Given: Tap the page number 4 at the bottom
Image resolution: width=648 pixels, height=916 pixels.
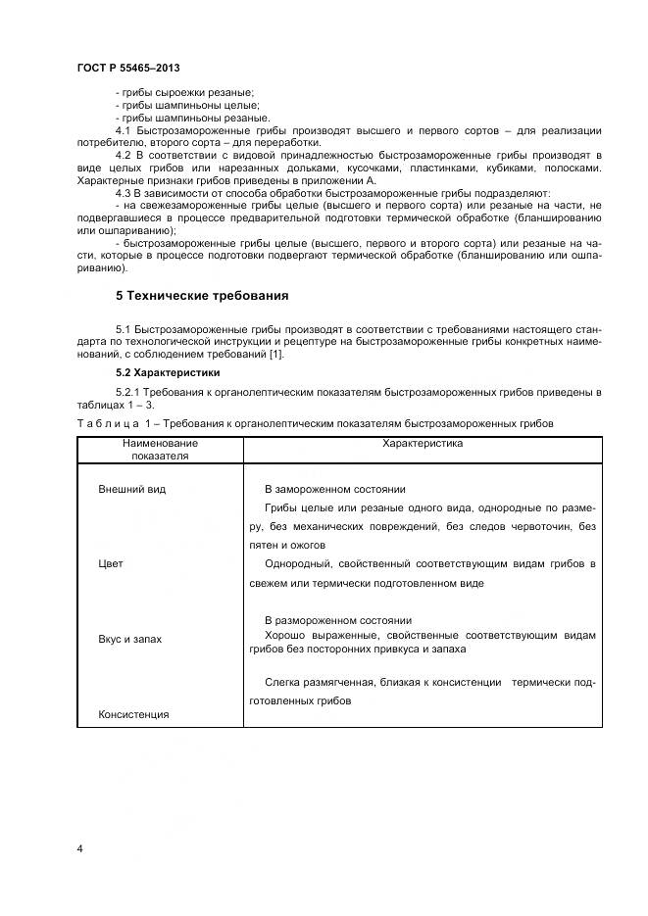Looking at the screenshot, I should [79, 848].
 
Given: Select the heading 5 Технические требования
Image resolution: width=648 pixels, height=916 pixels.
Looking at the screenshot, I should [201, 295].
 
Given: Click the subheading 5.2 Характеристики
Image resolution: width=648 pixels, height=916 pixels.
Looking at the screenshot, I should [168, 373].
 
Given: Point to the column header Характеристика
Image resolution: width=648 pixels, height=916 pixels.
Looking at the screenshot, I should [422, 444].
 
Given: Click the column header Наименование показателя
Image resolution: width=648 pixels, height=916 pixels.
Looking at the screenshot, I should [160, 450].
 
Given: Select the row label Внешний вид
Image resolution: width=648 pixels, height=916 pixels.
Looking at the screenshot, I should [132, 489].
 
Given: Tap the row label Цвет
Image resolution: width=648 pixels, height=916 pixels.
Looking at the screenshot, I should [111, 564].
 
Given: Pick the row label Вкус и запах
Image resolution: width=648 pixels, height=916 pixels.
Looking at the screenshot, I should [130, 639].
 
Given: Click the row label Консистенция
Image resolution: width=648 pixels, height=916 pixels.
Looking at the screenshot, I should [133, 714].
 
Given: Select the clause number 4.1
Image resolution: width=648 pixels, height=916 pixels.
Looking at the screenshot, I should [124, 130].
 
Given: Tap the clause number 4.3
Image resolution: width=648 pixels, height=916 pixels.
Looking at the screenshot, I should [124, 194].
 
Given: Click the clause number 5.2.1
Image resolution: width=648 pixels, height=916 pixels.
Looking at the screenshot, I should [129, 393].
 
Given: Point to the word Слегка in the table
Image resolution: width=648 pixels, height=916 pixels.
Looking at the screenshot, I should [281, 682].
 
